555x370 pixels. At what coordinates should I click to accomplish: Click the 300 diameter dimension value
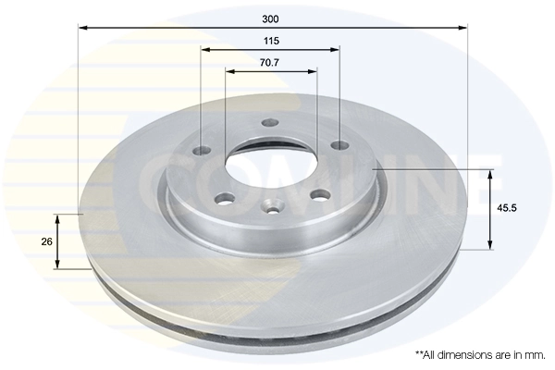[x=271, y=18]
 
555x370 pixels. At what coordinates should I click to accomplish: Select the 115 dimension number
[x=271, y=41]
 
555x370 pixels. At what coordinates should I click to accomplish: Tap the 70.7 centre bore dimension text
[x=270, y=63]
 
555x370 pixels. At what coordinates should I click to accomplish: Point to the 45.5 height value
[x=506, y=208]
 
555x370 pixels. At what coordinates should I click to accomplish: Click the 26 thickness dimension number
[x=44, y=241]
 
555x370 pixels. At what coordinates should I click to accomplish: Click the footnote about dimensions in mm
[x=479, y=354]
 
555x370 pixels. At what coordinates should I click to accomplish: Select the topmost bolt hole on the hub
[x=270, y=123]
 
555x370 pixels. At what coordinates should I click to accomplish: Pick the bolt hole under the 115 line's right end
[x=339, y=145]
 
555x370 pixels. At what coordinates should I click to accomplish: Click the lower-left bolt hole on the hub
[x=226, y=197]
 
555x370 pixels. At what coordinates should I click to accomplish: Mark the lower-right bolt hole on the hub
[x=321, y=193]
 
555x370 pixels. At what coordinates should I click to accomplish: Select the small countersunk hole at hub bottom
[x=272, y=207]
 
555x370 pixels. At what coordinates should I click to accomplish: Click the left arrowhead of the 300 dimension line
[x=82, y=29]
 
